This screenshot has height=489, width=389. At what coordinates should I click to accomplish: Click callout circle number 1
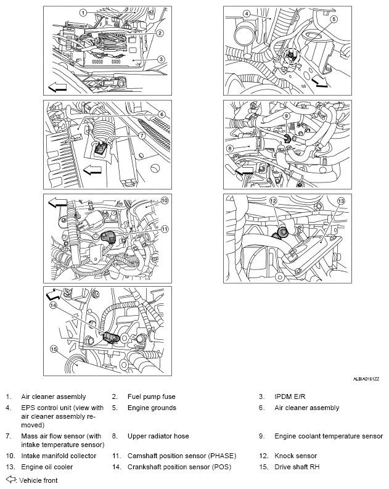point(82,12)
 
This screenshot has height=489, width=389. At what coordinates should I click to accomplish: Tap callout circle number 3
point(160,60)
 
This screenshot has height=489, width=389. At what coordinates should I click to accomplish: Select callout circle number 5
point(334,19)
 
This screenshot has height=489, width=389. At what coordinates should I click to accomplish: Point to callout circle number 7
point(141,135)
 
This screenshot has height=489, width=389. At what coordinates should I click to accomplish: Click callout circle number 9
point(287,115)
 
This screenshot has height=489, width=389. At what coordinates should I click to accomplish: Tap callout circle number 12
point(272,200)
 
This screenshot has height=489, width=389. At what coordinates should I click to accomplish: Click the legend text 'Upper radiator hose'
point(158,436)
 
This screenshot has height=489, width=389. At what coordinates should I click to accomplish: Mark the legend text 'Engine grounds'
point(152,408)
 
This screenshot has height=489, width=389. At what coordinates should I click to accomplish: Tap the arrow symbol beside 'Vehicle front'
point(10,479)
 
